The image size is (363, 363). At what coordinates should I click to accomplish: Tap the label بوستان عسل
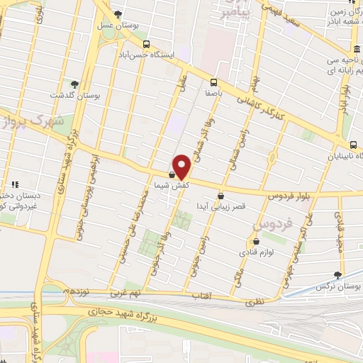pyautogui.click(x=115, y=24)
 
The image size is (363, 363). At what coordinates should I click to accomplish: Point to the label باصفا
pyautogui.click(x=214, y=92)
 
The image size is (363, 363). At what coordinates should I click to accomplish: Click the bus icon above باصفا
pyautogui.click(x=214, y=82)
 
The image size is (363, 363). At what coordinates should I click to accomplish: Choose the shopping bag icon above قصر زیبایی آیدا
pyautogui.click(x=220, y=196)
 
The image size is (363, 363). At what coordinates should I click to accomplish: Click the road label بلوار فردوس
pyautogui.click(x=291, y=193)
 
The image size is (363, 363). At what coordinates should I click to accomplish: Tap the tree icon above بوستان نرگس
pyautogui.click(x=338, y=276)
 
